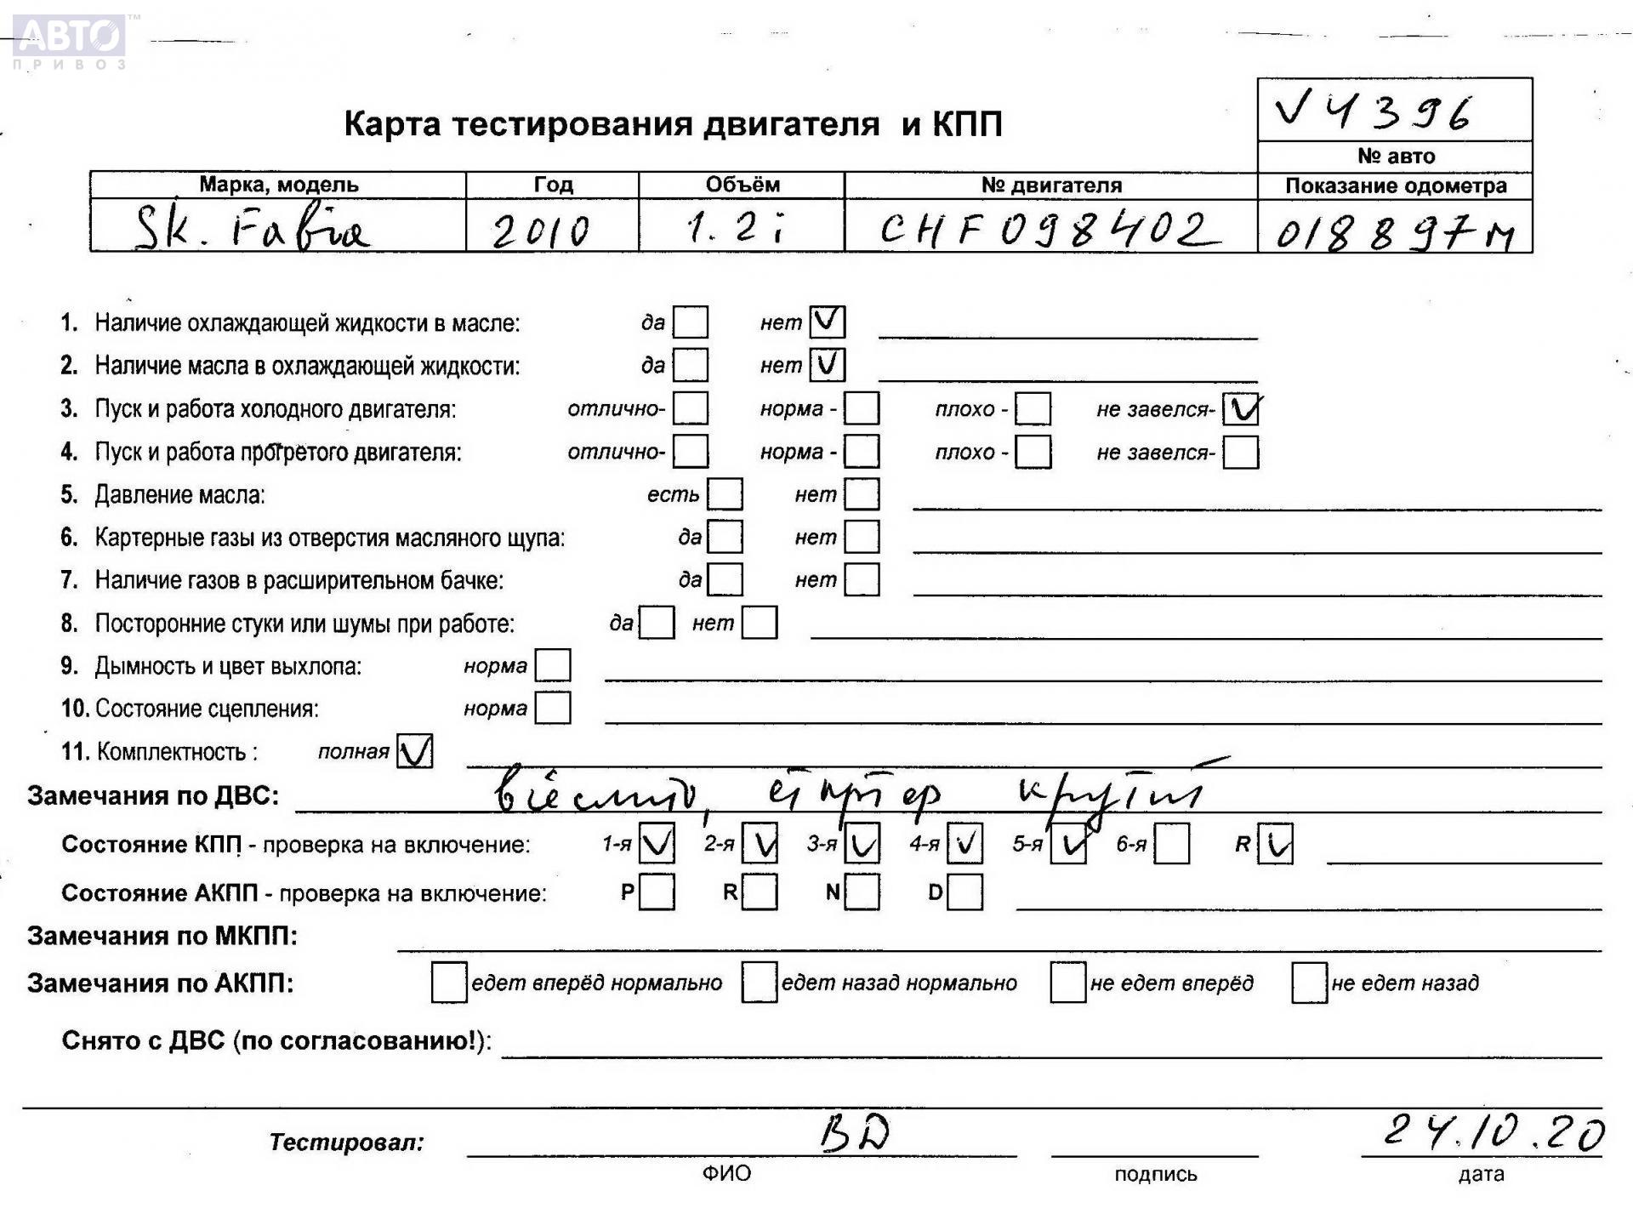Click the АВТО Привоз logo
(x=70, y=41)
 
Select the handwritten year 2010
(x=541, y=230)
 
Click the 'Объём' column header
(x=742, y=185)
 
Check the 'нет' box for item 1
(x=828, y=322)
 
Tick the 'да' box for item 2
(x=690, y=365)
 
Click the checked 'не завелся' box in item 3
(x=1241, y=409)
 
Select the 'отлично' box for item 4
(x=690, y=452)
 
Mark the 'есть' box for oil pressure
(x=725, y=494)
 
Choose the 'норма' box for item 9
(x=553, y=665)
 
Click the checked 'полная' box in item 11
(x=415, y=751)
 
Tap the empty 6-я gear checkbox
(x=1171, y=845)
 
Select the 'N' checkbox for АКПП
(x=862, y=892)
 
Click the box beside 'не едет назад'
(x=1309, y=983)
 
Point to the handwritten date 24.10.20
(x=1493, y=1132)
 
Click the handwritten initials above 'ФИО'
(x=855, y=1134)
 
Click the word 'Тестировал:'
(x=346, y=1142)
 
